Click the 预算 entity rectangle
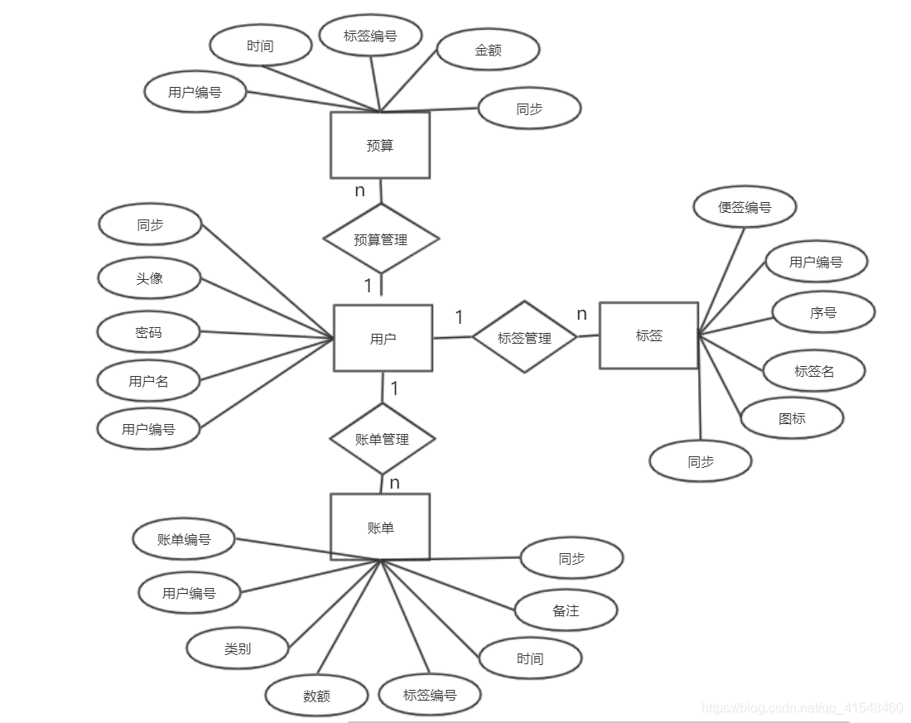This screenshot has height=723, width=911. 380,145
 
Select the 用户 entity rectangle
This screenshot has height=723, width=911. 383,338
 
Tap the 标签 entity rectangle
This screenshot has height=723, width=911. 648,335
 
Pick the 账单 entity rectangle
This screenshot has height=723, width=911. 380,527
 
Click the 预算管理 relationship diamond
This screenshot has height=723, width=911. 380,239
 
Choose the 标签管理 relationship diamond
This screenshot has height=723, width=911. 524,337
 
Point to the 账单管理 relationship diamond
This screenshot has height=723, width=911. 383,439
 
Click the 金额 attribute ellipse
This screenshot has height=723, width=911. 488,50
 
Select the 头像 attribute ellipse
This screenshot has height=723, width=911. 149,278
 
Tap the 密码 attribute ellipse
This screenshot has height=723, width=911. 148,333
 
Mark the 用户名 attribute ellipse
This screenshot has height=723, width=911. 148,381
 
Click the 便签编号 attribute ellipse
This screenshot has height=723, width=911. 745,207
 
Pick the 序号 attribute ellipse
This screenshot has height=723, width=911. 823,313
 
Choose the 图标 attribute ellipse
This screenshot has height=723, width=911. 792,418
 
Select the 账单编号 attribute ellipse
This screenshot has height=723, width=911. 184,539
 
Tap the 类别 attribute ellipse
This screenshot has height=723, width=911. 238,648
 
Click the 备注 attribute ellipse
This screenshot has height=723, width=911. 566,611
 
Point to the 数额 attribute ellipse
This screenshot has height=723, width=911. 316,696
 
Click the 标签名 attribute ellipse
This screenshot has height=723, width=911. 814,371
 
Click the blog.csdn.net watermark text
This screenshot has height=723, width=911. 802,707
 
